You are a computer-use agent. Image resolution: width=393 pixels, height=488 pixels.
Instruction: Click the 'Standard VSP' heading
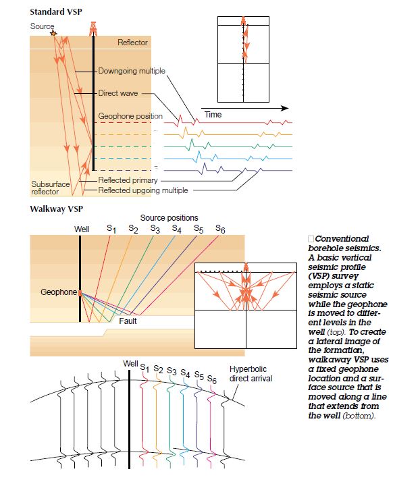[x=56, y=12]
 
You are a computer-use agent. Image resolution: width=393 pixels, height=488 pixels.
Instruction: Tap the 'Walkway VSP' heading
[x=56, y=209]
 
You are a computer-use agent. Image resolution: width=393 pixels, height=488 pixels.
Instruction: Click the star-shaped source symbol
[x=53, y=33]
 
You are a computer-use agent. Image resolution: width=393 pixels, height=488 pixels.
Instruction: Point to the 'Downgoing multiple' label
[x=132, y=72]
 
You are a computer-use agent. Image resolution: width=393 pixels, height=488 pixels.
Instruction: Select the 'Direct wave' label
[x=118, y=93]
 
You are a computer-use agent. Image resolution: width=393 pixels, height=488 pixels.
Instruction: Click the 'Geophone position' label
[x=130, y=116]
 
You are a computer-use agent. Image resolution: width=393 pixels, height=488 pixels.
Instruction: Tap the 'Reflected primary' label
[x=128, y=180]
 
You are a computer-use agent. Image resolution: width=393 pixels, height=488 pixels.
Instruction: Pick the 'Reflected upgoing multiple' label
[x=143, y=190]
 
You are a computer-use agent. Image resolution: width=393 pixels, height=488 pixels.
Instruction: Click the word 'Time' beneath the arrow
[x=213, y=115]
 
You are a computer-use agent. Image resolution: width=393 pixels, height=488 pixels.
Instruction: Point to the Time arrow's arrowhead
[x=285, y=108]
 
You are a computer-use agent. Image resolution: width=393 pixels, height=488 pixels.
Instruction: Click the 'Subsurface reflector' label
[x=50, y=188]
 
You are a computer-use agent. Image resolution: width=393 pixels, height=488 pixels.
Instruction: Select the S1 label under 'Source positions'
[x=111, y=229]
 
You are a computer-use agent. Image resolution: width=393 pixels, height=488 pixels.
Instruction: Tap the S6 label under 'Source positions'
[x=220, y=229]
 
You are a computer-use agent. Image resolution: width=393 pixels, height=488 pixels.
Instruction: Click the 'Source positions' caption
[x=169, y=218]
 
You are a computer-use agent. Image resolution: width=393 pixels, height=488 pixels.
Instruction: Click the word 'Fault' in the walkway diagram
[x=128, y=321]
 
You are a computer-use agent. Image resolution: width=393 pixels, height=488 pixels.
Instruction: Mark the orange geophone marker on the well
[x=80, y=293]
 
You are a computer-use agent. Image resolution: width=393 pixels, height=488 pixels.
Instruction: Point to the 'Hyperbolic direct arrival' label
[x=251, y=374]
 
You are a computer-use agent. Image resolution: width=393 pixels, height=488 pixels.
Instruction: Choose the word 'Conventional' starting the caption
[x=342, y=239]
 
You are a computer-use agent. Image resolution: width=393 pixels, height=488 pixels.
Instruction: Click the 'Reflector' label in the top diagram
[x=132, y=43]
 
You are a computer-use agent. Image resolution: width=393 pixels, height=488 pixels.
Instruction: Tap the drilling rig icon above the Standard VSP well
[x=93, y=28]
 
